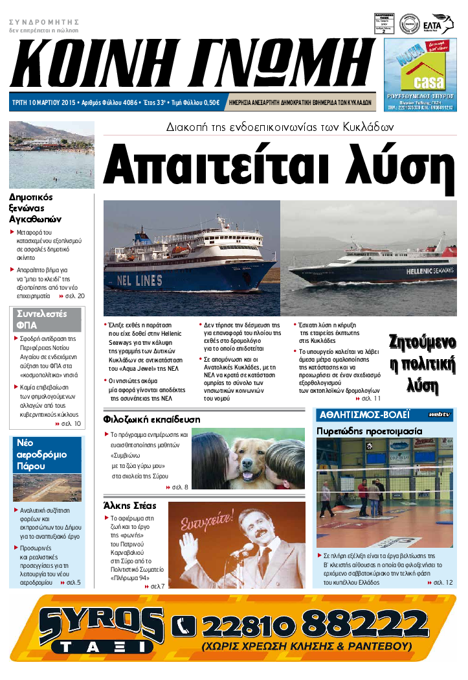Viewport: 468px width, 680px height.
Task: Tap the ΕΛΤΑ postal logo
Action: click(442, 24)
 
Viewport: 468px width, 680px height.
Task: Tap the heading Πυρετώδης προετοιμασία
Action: click(369, 430)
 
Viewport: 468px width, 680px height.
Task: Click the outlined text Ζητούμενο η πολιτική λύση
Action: click(421, 364)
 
